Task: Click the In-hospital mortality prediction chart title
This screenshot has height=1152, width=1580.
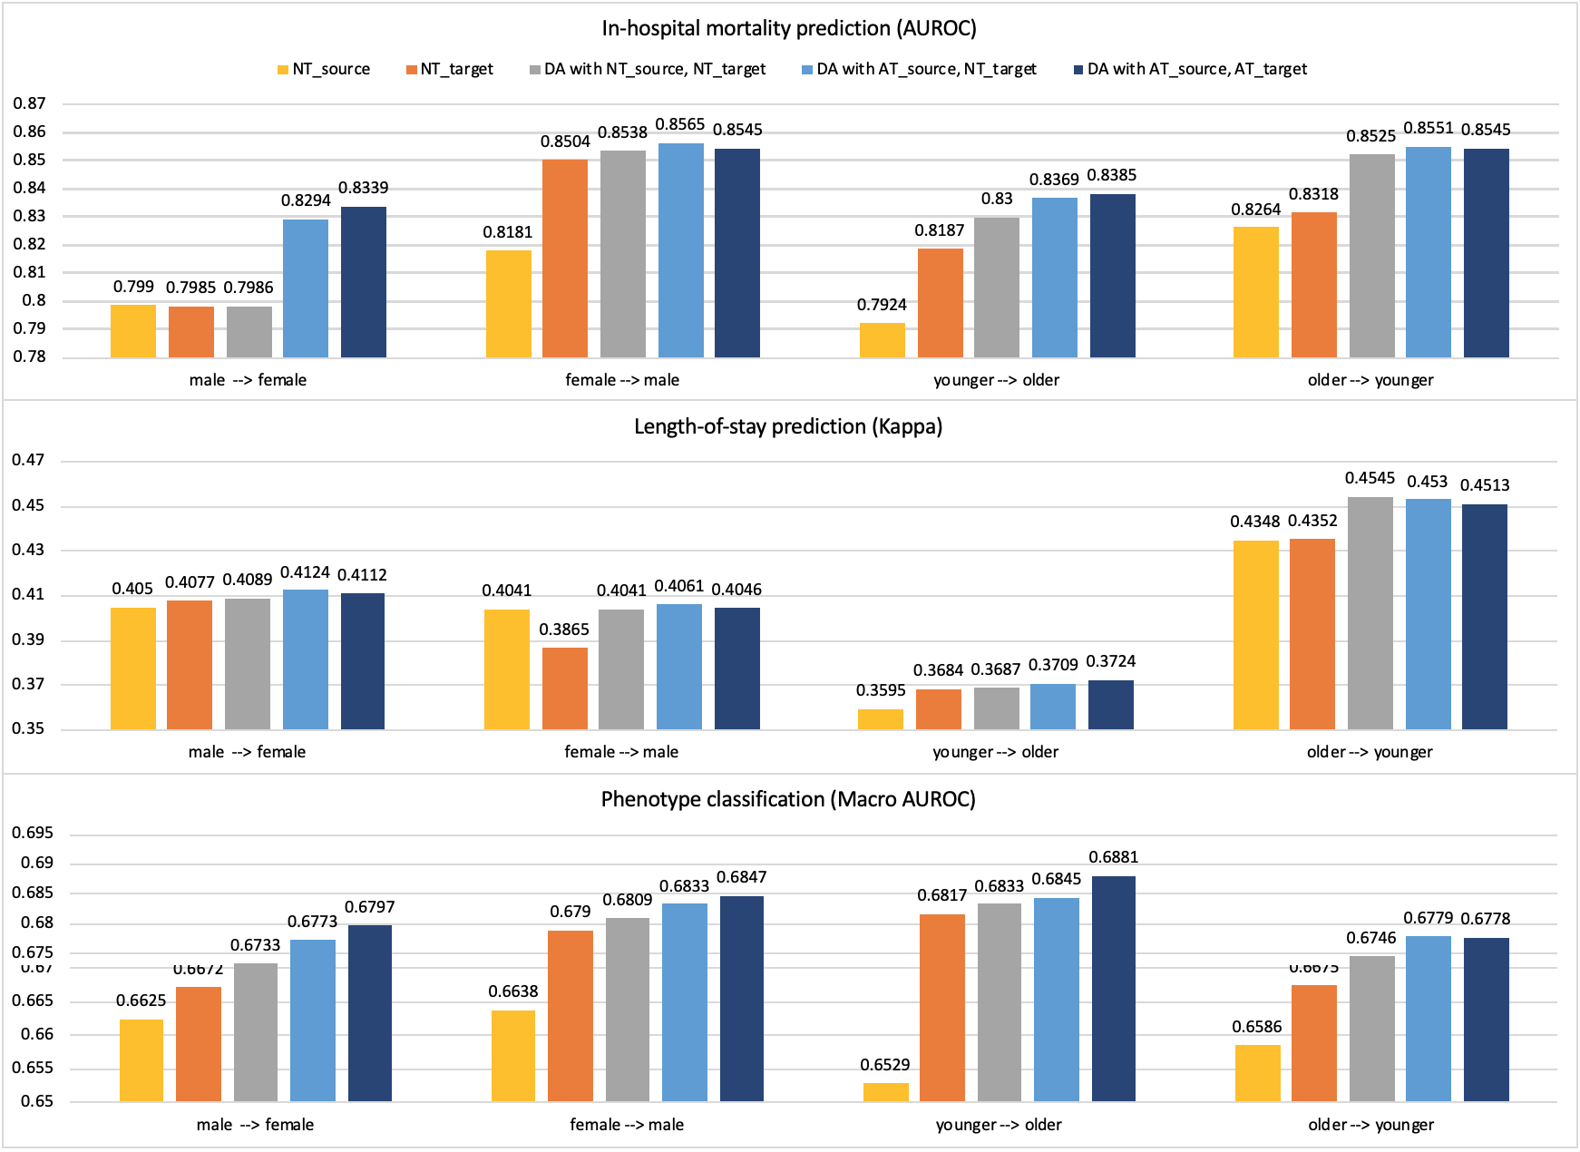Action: (x=789, y=28)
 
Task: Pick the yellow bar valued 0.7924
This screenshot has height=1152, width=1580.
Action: (x=882, y=340)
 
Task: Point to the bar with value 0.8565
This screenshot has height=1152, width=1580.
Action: (x=680, y=250)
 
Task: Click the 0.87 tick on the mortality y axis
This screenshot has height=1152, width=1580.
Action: (x=29, y=104)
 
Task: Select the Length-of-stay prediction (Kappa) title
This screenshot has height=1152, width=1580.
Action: (x=788, y=426)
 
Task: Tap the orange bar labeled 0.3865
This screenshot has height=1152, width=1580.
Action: (x=564, y=688)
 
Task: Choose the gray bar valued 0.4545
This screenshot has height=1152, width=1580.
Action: (x=1370, y=613)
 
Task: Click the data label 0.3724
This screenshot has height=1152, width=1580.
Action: (x=1111, y=662)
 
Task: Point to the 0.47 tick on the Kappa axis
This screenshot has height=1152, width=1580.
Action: (x=29, y=461)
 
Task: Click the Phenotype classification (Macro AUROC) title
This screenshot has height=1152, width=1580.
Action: (x=788, y=799)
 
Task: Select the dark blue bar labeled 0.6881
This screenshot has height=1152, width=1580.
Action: (x=1113, y=989)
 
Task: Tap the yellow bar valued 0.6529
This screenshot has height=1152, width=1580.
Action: (x=886, y=1092)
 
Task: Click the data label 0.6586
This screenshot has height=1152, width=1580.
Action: (x=1256, y=1027)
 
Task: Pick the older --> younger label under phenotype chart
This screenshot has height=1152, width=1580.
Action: (x=1370, y=1125)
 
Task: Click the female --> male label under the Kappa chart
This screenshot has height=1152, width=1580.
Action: (x=621, y=752)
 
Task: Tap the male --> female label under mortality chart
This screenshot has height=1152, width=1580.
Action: (x=248, y=380)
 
